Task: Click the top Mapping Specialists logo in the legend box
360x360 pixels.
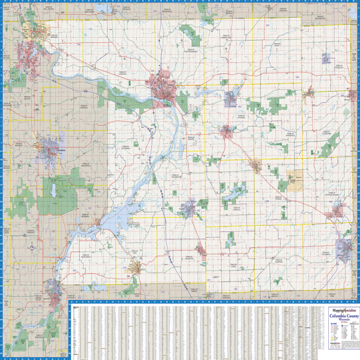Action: [342, 311]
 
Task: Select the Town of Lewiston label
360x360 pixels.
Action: [123, 73]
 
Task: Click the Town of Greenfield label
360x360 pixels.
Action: [87, 164]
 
